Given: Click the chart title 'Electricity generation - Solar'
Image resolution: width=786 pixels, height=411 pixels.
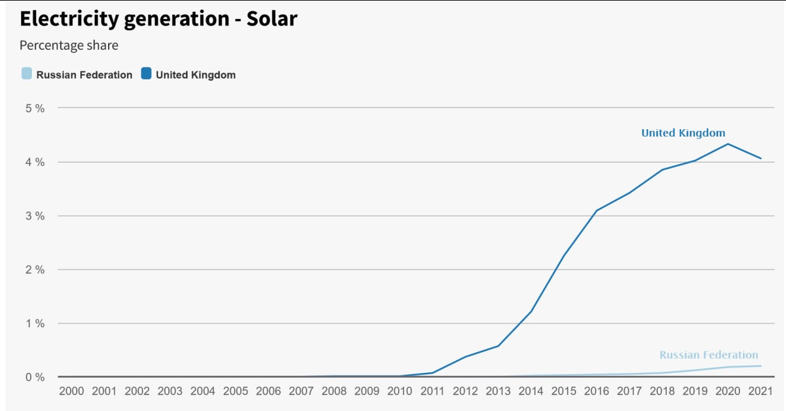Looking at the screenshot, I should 159,19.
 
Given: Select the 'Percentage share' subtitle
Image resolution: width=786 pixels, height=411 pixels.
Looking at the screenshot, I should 69,46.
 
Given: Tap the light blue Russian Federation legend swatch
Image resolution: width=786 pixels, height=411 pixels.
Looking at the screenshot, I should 26,74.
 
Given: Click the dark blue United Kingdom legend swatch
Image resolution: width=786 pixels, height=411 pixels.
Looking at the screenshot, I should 146,74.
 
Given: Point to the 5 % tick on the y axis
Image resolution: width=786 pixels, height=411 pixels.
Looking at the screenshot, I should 35,108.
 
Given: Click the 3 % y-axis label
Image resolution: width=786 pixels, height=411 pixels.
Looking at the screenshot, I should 35,216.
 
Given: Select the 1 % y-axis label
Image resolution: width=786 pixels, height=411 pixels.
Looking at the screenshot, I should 35,323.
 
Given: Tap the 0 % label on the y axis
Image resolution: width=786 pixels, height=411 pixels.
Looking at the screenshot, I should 35,377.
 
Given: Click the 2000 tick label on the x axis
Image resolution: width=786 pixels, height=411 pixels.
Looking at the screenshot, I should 71,391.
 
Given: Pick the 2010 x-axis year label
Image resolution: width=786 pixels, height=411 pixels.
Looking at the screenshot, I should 400,391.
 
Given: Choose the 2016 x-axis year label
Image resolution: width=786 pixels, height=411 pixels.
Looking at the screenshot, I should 597,391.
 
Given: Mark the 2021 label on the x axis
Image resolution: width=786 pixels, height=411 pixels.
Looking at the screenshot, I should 760,391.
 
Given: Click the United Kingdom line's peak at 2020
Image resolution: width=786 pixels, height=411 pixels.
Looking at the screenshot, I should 728,144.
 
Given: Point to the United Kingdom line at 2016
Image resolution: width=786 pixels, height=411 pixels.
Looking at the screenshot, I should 597,210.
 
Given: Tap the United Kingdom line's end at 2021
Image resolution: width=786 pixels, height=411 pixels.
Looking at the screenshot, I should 760,158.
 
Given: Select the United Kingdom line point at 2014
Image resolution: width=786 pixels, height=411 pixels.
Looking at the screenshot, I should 531,311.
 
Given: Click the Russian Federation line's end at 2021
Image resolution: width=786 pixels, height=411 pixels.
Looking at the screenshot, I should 760,366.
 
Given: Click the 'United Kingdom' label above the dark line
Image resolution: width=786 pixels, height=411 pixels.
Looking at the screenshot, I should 683,133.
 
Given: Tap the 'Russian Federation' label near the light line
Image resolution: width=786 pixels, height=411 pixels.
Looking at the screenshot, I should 709,355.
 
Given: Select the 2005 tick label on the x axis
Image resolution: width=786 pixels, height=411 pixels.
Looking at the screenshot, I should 236,391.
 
